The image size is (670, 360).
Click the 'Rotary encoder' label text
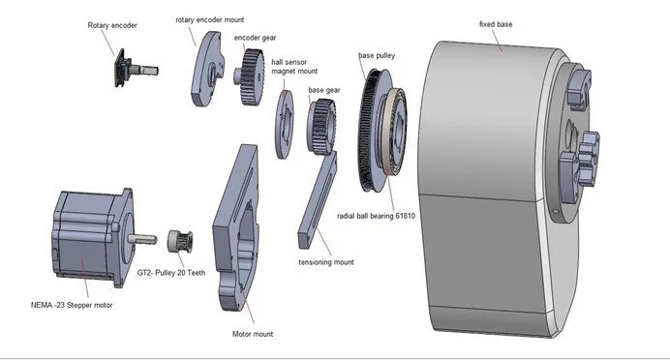[112, 25]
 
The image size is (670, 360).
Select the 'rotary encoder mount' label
[210, 19]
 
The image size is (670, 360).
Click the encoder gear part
[250, 76]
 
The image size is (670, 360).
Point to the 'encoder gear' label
[255, 38]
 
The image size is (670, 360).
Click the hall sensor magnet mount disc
[284, 124]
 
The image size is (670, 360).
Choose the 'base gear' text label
[324, 90]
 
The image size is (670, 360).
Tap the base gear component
[321, 127]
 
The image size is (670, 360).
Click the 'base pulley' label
[377, 55]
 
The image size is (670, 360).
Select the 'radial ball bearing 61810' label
[376, 216]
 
